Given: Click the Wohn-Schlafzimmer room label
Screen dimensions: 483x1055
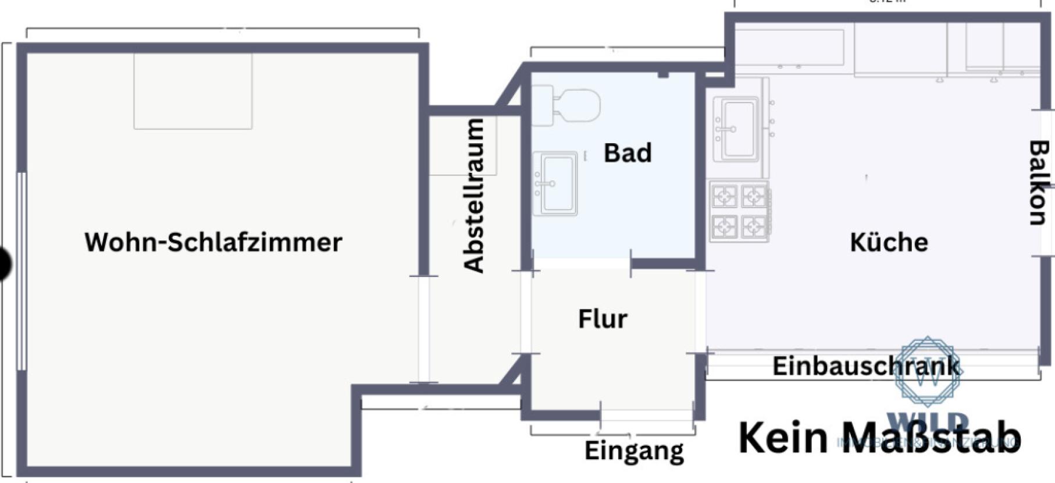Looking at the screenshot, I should pos(213,242).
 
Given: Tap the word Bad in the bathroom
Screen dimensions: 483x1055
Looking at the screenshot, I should pos(628,153).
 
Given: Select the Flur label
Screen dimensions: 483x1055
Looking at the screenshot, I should pos(603,319).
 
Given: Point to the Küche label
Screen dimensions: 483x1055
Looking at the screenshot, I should pos(889,242).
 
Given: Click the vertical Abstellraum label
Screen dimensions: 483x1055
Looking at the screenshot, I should pos(474,196).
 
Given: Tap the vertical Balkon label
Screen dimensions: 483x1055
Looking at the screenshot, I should pos(1038,183).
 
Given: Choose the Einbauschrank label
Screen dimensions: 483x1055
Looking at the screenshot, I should pos(866,366).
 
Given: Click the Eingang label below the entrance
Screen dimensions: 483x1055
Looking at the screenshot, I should pos(634,450).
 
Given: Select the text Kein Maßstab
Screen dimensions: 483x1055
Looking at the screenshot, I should pos(879,438).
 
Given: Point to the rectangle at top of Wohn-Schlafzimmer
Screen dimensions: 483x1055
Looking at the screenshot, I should pos(193,91).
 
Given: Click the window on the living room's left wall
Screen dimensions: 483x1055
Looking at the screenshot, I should pos(22,271).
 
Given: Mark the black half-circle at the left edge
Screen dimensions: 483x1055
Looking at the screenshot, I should pos(5,264).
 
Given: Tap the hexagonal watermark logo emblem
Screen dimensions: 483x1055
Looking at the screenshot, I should pos(928,371).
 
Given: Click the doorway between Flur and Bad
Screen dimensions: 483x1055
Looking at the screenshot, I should pos(582,264).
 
